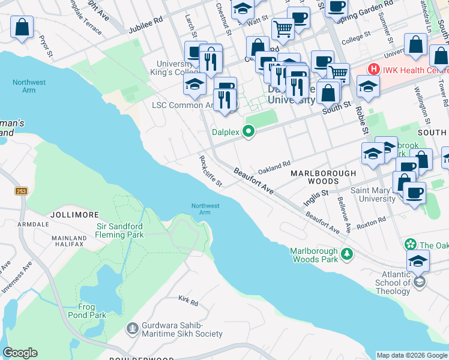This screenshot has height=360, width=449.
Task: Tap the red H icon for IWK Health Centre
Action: click(374, 70)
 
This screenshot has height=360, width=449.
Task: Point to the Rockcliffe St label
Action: click(211, 171)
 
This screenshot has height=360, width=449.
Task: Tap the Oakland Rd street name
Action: click(274, 163)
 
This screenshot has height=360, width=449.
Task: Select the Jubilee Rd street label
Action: click(146, 29)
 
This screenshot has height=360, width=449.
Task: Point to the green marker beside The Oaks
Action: click(410, 244)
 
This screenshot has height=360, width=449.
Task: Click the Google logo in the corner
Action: click(20, 353)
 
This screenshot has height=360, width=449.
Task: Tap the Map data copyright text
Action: click(412, 355)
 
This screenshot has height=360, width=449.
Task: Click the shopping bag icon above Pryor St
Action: click(22, 28)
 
